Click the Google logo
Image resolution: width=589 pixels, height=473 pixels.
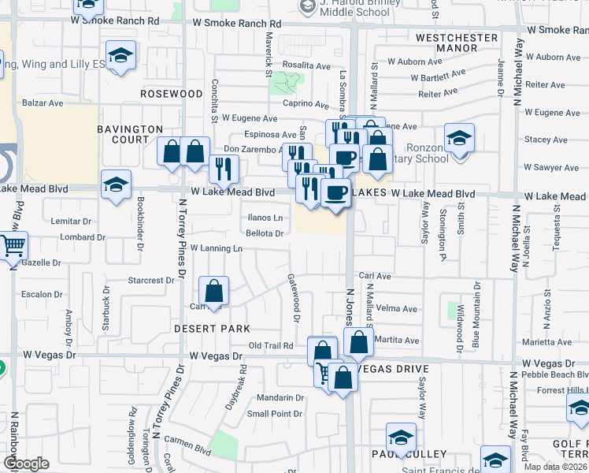click(26, 464)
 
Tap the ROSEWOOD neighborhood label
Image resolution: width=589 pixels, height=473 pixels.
click(172, 93)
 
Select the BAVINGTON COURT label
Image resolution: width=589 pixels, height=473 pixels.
click(130, 134)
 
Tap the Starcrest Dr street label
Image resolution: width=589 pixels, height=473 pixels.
click(150, 281)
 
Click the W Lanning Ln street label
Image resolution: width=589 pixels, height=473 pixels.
click(216, 248)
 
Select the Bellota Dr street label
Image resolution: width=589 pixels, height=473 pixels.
click(265, 233)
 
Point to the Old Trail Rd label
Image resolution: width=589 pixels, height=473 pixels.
click(271, 345)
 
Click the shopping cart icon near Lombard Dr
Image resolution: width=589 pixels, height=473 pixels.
click(13, 246)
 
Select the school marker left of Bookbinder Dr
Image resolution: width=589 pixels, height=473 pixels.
click(116, 186)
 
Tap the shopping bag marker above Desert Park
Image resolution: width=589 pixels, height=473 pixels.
click(213, 291)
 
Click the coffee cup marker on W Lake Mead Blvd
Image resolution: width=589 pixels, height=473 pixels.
click(336, 192)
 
